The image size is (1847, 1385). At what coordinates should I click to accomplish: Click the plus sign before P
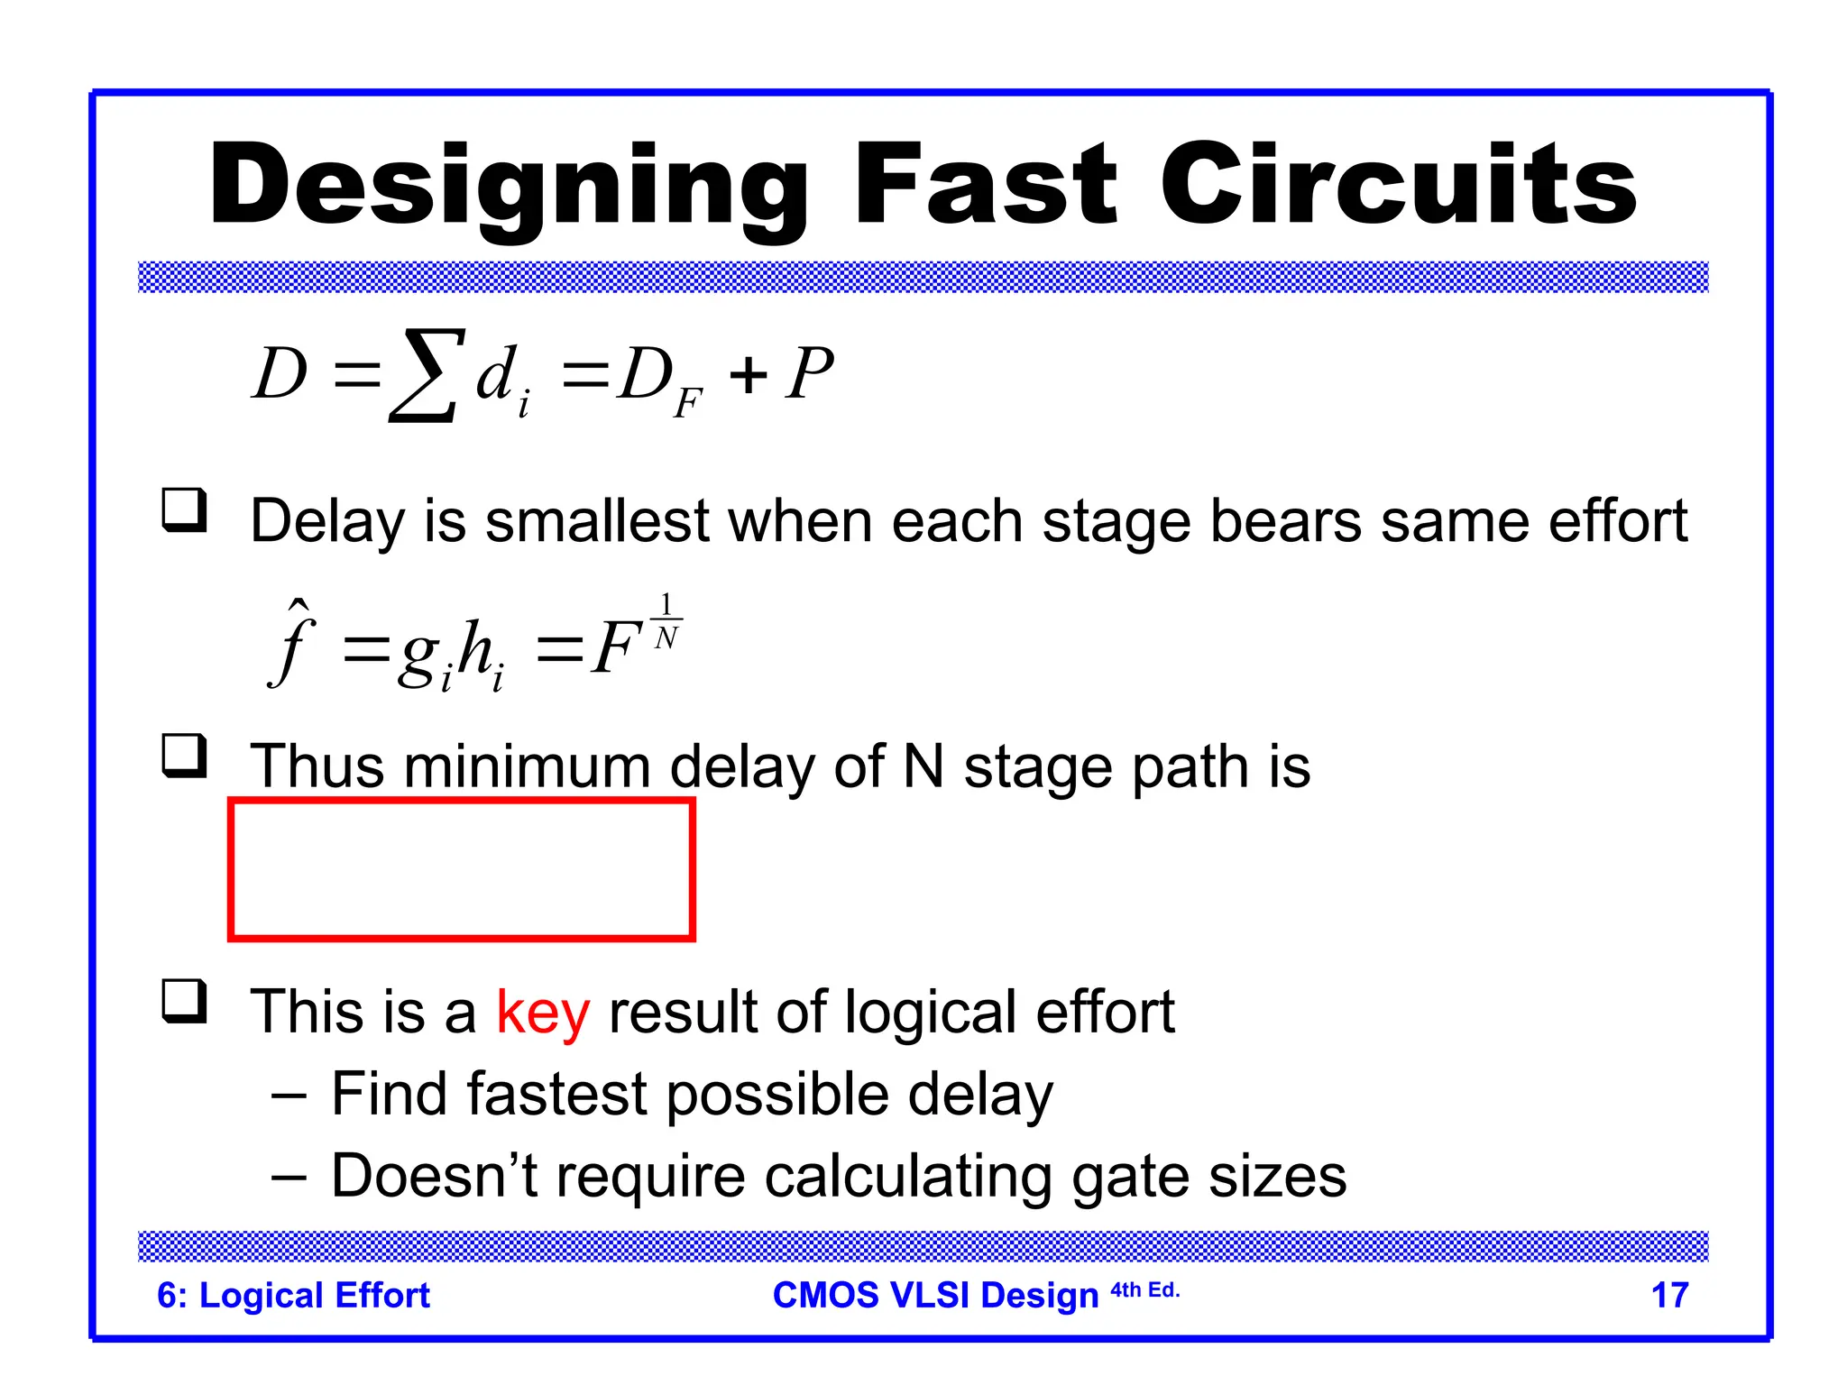[749, 375]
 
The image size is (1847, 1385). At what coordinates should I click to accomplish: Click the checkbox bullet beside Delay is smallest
[184, 510]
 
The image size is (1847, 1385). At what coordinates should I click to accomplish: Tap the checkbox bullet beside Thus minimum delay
[184, 756]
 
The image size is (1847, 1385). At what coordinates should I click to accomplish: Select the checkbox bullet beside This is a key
[184, 1001]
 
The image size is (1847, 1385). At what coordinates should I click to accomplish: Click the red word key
[543, 1012]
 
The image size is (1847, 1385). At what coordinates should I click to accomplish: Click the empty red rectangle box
[462, 869]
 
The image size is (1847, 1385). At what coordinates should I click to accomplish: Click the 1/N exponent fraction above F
[666, 621]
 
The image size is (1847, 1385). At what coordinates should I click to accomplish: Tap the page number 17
[1669, 1295]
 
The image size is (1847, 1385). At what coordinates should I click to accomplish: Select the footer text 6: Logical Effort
[293, 1295]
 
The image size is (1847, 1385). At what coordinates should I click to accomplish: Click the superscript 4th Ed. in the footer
[1144, 1289]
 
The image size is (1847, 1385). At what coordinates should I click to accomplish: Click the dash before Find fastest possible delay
[289, 1096]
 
